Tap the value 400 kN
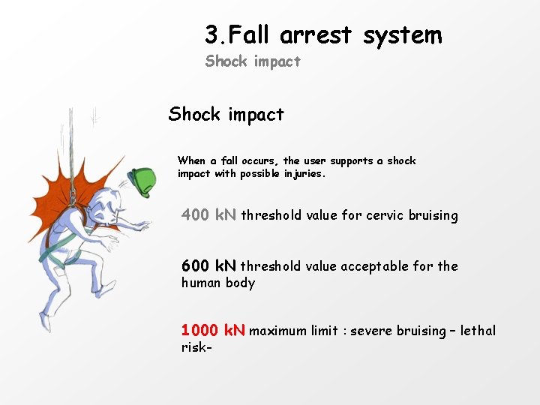[208, 215]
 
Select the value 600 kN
[208, 266]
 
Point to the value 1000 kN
[212, 331]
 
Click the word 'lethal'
[478, 331]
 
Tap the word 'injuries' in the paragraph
[302, 174]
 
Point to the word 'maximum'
[279, 331]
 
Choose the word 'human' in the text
[199, 283]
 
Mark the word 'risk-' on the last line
[194, 347]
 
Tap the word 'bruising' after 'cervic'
[433, 216]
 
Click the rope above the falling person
[71, 142]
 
